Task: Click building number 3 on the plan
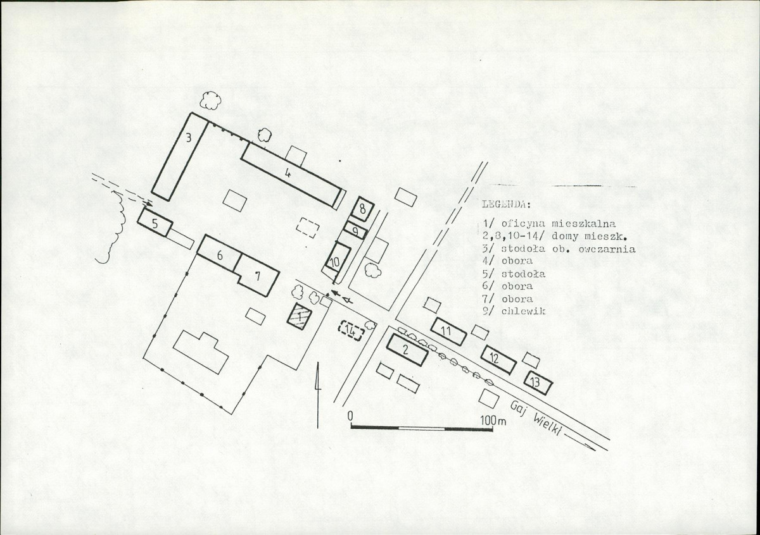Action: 180,157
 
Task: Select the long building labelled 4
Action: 291,175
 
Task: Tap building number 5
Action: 155,222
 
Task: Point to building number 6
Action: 220,253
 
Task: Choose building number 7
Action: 258,275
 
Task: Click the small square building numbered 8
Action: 362,209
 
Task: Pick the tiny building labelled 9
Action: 355,230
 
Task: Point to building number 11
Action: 448,332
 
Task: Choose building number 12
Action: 499,359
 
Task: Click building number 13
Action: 538,383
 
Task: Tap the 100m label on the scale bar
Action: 493,421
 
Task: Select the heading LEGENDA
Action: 506,204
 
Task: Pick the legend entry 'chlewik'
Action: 523,311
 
